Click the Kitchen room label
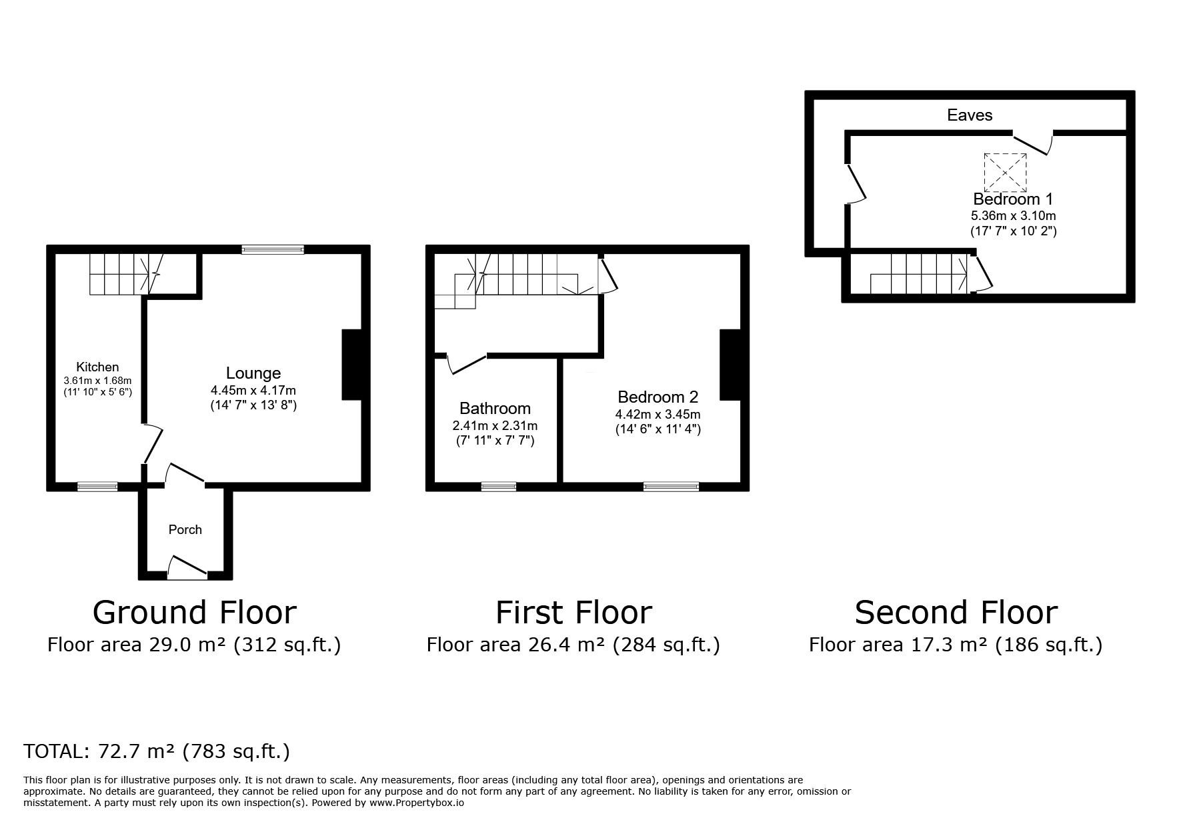click(97, 367)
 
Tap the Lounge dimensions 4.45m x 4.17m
click(253, 390)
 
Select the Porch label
click(185, 529)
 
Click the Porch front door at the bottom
click(187, 567)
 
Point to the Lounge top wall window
click(273, 249)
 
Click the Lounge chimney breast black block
click(351, 365)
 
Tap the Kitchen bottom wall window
click(97, 487)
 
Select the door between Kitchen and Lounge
click(153, 443)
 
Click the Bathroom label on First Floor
click(495, 408)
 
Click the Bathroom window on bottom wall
click(498, 487)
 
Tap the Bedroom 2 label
click(658, 397)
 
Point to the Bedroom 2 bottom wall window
click(671, 487)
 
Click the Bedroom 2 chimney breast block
click(730, 365)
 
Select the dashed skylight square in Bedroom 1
click(1005, 172)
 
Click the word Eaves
click(970, 115)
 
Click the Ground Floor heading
click(194, 612)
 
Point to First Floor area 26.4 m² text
click(573, 645)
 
